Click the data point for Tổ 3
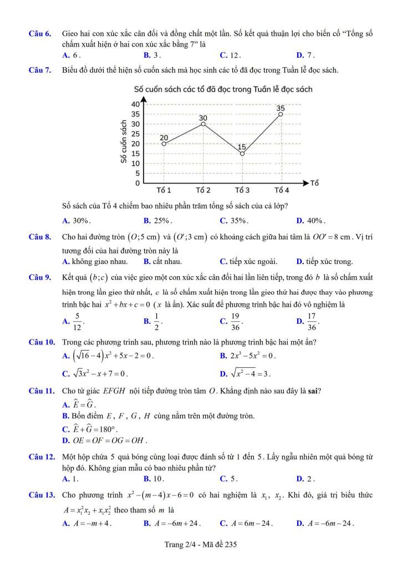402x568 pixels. coord(242,154)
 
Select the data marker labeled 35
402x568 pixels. coord(281,114)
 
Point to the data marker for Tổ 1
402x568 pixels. coord(164,144)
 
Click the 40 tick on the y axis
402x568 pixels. coord(135,104)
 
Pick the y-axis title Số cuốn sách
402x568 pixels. coord(123,143)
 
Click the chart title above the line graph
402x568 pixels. coord(223,89)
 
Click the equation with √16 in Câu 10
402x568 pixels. coord(111,356)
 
